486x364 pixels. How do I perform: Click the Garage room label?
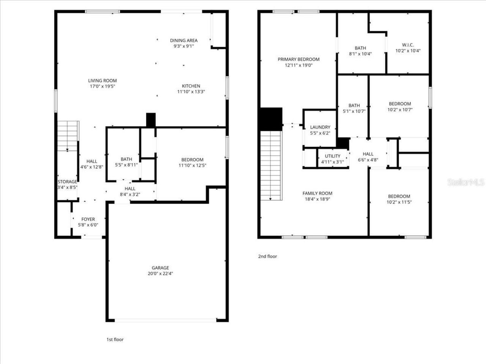[x=160, y=268]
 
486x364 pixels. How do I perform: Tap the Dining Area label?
[x=184, y=41]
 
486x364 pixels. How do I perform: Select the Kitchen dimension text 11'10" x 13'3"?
[x=191, y=91]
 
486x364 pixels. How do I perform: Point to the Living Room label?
[x=103, y=81]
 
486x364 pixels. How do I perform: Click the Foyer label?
[x=88, y=219]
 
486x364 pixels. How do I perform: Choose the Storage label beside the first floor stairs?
[x=67, y=182]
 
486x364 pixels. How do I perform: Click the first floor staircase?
[x=68, y=136]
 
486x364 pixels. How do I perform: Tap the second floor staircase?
[x=271, y=165]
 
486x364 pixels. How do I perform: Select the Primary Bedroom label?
[x=298, y=60]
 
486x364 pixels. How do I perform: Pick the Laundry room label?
[x=320, y=127]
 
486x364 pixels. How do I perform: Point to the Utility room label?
[x=333, y=156]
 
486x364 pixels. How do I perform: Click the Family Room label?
[x=317, y=193]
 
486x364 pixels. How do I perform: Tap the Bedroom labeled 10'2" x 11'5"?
[x=399, y=196]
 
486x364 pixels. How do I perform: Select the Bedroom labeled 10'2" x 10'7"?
[x=400, y=104]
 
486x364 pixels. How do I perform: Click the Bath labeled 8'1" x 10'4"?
[x=360, y=48]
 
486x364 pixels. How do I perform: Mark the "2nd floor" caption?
[x=268, y=256]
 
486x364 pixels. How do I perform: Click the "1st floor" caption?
[x=115, y=339]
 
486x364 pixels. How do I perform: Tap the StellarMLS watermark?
[x=466, y=182]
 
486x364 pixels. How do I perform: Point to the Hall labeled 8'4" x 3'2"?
[x=130, y=189]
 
